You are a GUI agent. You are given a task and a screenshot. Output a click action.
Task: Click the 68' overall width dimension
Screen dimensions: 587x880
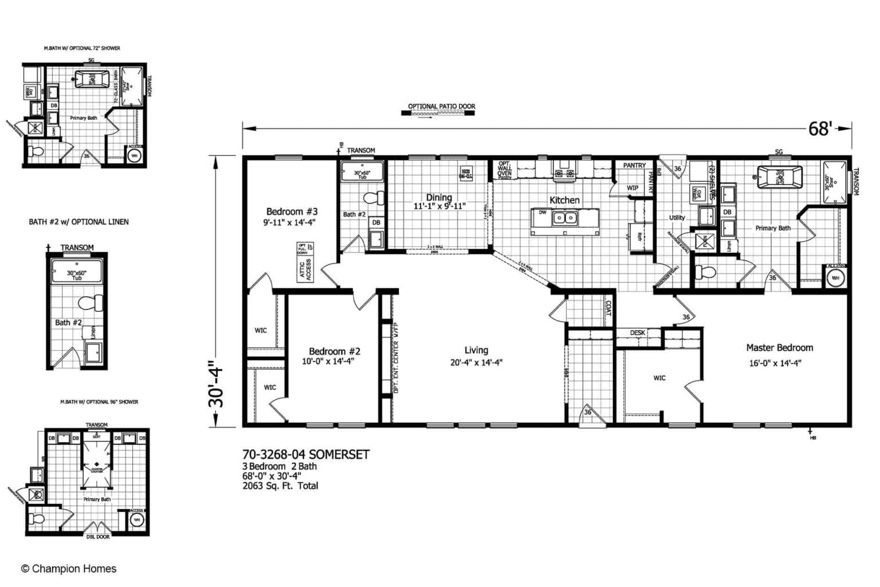(x=819, y=129)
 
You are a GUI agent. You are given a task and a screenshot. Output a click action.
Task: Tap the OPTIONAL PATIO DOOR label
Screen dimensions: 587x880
(x=441, y=106)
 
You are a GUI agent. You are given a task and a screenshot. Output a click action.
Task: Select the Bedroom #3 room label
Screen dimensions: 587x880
(x=292, y=212)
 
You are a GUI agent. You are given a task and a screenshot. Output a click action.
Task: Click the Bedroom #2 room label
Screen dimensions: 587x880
(x=334, y=351)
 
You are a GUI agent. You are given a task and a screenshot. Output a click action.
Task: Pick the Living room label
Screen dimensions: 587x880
(x=476, y=350)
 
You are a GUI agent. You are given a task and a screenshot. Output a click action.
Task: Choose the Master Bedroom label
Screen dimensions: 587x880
(x=779, y=347)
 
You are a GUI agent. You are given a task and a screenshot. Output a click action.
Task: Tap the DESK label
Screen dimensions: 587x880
(x=638, y=333)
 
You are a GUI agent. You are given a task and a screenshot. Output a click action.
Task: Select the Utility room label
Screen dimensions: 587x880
(x=677, y=218)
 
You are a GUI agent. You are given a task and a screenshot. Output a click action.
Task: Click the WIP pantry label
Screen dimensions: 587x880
(x=632, y=188)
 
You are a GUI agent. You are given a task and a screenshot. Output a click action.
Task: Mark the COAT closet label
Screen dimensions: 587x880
(x=608, y=309)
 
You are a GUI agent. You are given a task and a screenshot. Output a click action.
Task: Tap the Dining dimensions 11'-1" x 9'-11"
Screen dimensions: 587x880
(x=439, y=206)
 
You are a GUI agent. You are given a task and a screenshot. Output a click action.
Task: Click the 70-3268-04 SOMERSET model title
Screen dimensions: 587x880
(x=306, y=455)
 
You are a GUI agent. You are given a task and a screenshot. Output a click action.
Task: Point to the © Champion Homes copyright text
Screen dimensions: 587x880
(x=69, y=569)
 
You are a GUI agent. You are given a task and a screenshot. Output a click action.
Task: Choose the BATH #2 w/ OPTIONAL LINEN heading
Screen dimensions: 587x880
(x=78, y=222)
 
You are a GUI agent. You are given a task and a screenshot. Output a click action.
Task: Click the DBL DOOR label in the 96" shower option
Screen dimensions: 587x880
(x=97, y=537)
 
